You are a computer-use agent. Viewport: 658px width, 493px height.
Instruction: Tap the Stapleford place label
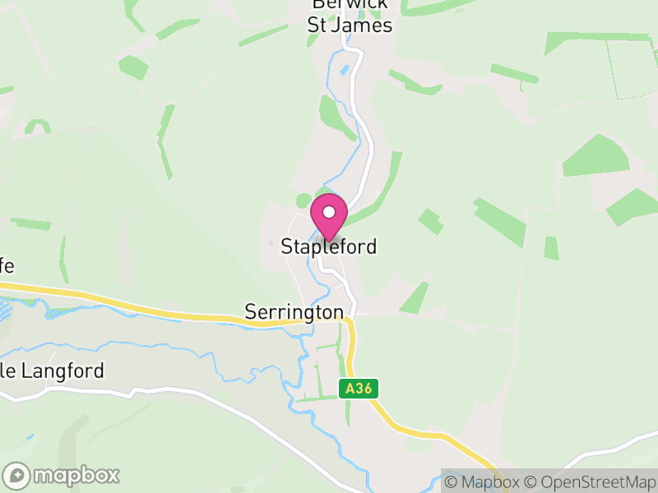click(x=329, y=246)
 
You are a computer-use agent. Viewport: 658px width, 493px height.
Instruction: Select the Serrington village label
click(x=294, y=312)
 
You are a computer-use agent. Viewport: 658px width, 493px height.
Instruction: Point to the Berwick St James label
click(x=350, y=16)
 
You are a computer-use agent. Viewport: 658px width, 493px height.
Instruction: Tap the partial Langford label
click(x=53, y=371)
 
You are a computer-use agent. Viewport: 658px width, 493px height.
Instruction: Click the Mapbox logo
click(x=62, y=475)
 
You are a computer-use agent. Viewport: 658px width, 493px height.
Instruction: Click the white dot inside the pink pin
click(x=329, y=212)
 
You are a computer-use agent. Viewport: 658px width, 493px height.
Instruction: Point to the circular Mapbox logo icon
click(x=17, y=475)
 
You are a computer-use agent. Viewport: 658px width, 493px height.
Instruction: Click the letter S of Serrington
click(x=250, y=312)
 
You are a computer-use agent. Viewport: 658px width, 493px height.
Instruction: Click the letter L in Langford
click(x=24, y=371)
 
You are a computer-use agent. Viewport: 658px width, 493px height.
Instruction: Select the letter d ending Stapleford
click(x=372, y=246)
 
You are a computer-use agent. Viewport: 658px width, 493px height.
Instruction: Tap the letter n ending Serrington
click(x=338, y=313)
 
